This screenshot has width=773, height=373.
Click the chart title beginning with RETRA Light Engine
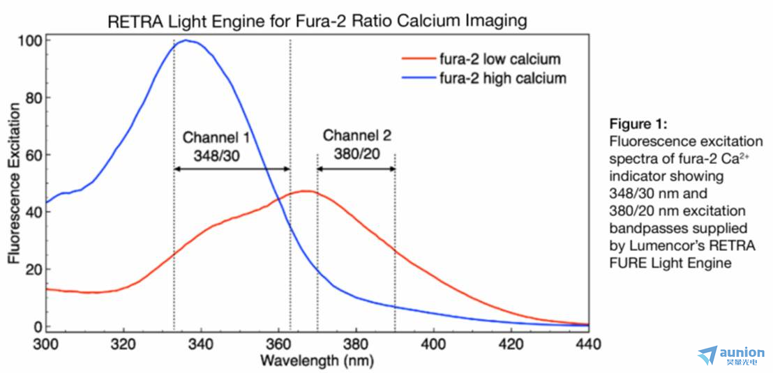317,21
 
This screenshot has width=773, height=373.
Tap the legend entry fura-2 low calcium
499,59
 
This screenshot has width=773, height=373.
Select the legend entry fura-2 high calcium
502,78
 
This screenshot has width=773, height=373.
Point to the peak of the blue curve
186,40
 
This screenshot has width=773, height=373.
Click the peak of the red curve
305,190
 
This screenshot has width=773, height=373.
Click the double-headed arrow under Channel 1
232,169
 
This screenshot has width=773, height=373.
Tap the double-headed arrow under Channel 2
356,169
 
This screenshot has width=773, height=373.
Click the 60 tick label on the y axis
31,155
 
